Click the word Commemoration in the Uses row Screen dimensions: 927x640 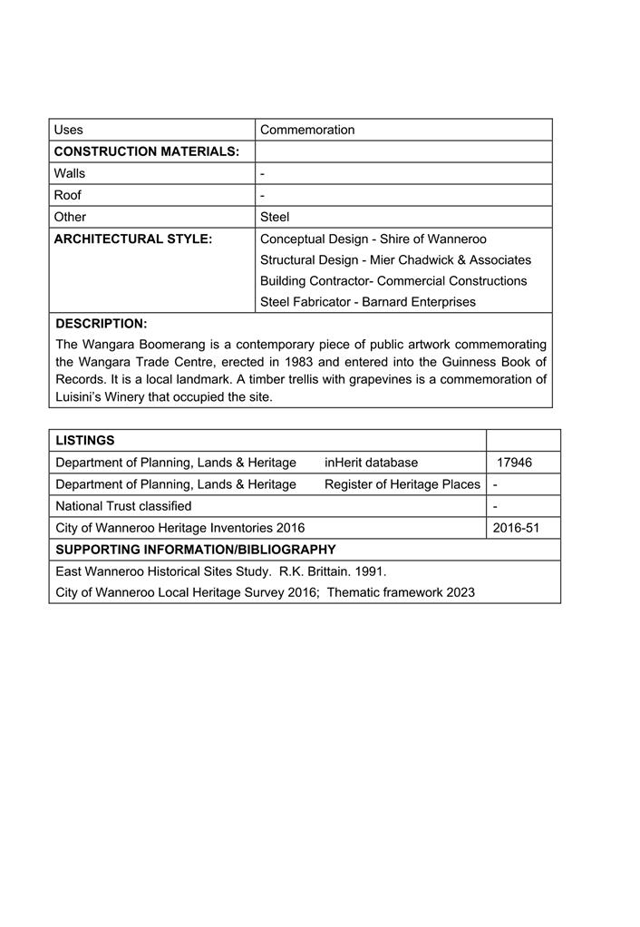307,130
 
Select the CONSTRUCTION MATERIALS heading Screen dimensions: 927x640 147,151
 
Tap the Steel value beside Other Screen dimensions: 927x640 275,217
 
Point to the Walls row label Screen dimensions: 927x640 70,173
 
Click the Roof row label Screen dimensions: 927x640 68,195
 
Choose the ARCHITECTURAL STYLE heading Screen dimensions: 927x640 133,239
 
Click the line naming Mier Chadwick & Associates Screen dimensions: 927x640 395,259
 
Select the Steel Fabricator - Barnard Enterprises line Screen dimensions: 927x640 367,302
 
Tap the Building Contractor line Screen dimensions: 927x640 393,281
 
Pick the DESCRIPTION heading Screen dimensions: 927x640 102,324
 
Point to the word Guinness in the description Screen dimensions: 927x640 471,362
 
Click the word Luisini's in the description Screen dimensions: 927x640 82,396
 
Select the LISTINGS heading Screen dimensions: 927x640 85,441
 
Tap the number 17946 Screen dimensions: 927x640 514,463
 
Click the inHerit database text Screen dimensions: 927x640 371,463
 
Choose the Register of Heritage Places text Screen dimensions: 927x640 402,484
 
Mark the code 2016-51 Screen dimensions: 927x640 516,528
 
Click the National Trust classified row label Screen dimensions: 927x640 123,506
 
